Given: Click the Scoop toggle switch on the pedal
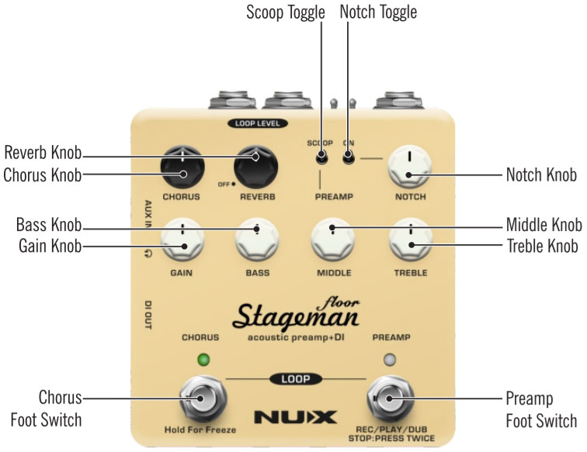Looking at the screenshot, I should click(x=320, y=159).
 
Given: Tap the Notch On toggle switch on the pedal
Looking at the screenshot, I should click(x=348, y=159).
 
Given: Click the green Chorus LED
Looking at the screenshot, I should click(x=204, y=359).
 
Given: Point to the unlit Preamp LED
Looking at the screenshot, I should click(x=391, y=359).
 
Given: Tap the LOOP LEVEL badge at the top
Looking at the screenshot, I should click(x=257, y=123).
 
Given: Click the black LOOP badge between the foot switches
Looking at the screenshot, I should click(x=294, y=379).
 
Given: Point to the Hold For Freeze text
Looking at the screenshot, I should click(x=200, y=429).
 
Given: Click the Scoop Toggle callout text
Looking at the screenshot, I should click(x=285, y=12).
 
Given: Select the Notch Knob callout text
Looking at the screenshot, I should click(x=541, y=175).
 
